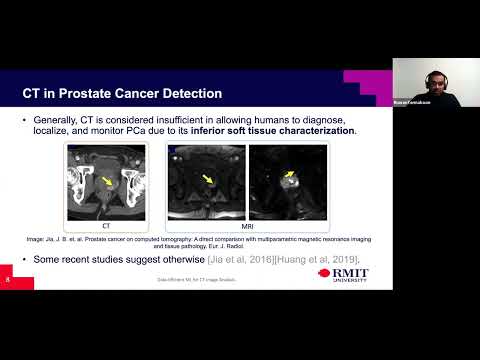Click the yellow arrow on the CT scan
107,180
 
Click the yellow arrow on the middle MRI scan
208,179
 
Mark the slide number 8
8,280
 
